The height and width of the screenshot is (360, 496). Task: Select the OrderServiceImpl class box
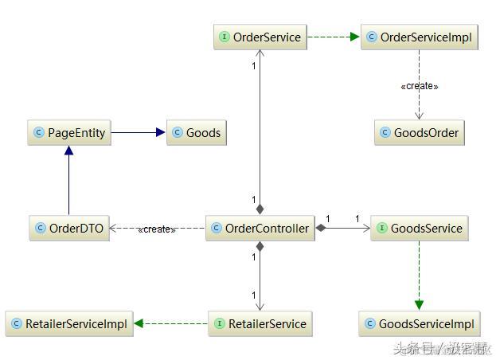(420, 37)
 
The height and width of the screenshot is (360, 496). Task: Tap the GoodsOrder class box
(418, 133)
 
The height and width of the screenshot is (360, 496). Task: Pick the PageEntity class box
(68, 133)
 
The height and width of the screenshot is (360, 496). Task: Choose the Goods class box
(196, 133)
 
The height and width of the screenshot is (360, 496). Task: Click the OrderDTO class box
(68, 229)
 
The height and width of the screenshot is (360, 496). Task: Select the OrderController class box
(259, 229)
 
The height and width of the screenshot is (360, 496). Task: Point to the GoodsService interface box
(418, 229)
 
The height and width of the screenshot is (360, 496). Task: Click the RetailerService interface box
(260, 323)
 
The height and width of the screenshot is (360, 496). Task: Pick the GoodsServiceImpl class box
(419, 323)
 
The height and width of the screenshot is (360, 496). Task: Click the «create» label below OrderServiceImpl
(419, 86)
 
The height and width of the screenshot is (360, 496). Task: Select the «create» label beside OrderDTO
(156, 229)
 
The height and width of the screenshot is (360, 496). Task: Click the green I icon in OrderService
(224, 37)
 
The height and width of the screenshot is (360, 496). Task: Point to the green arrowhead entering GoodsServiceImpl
(419, 306)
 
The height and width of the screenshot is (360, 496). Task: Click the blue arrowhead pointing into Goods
(160, 133)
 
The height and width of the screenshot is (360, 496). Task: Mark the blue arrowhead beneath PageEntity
(68, 151)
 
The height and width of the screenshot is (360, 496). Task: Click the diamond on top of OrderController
(260, 209)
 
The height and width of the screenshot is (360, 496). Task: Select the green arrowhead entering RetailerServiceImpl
(139, 323)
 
